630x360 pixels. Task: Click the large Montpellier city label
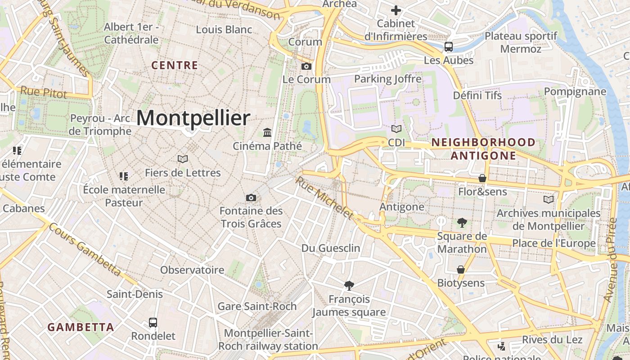pyautogui.click(x=193, y=118)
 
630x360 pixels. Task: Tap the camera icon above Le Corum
pyautogui.click(x=306, y=66)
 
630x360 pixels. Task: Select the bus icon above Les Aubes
pyautogui.click(x=448, y=46)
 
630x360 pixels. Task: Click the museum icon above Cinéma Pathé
pyautogui.click(x=267, y=132)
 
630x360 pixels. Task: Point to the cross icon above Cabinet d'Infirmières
pyautogui.click(x=396, y=10)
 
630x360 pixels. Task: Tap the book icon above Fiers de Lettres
pyautogui.click(x=182, y=159)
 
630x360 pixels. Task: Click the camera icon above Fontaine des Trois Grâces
pyautogui.click(x=251, y=198)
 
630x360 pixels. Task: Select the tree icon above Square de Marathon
pyautogui.click(x=462, y=222)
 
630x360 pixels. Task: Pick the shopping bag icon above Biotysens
pyautogui.click(x=461, y=270)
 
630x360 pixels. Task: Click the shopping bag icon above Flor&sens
pyautogui.click(x=482, y=178)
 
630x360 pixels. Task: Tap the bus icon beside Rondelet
pyautogui.click(x=153, y=323)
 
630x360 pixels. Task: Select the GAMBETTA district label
pyautogui.click(x=81, y=327)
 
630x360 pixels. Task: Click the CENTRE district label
pyautogui.click(x=175, y=66)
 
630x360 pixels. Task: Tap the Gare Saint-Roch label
pyautogui.click(x=257, y=306)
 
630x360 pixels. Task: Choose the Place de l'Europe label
pyautogui.click(x=553, y=243)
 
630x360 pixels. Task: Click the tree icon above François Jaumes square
pyautogui.click(x=349, y=285)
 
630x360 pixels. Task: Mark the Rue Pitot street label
pyautogui.click(x=44, y=93)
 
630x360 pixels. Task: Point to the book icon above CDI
pyautogui.click(x=396, y=129)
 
